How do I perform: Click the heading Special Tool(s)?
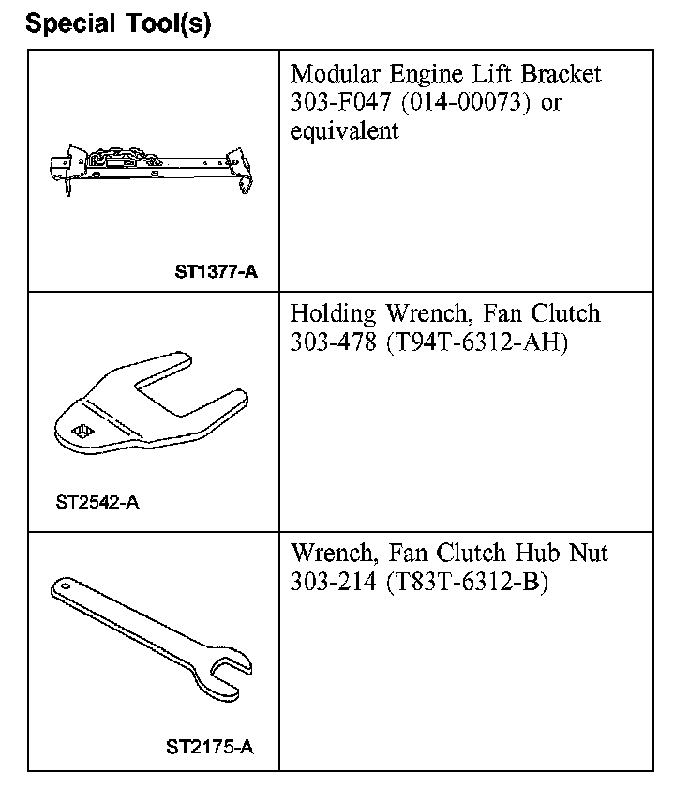point(118,23)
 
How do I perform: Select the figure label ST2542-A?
point(97,502)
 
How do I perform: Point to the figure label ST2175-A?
point(209,748)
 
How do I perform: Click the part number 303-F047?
point(335,101)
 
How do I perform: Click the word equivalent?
point(344,130)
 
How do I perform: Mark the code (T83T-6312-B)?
point(466,582)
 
